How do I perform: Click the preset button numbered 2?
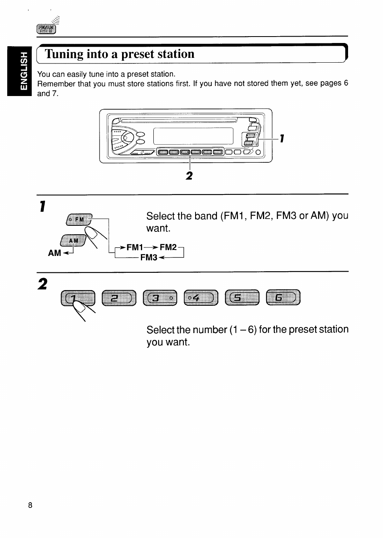pos(119,298)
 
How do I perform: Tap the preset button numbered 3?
pos(160,298)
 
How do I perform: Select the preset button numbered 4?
pos(201,298)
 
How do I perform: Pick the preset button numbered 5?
pos(242,298)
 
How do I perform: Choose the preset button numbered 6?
pos(283,297)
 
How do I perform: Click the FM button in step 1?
pos(79,219)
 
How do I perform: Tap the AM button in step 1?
pos(73,240)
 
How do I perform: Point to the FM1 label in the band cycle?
pos(134,247)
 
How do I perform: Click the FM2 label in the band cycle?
pos(168,247)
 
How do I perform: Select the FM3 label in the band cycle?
pos(149,258)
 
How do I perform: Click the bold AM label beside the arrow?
pos(55,253)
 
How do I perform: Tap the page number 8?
pos(30,505)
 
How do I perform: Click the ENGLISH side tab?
pos(19,71)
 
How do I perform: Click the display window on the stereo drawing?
pos(193,136)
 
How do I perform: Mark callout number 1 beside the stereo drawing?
pos(282,139)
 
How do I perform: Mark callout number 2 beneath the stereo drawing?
pos(189,176)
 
